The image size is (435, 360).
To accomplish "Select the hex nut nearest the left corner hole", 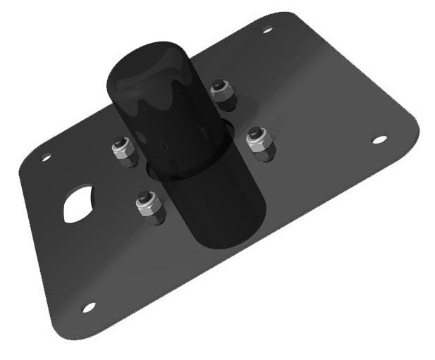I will [123, 151].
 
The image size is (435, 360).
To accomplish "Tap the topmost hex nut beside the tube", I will [222, 94].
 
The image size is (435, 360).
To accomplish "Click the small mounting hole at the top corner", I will [267, 30].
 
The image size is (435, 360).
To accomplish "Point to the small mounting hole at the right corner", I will [379, 139].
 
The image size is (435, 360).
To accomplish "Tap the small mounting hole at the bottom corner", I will [89, 307].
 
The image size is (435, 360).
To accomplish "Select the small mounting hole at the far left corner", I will [46, 158].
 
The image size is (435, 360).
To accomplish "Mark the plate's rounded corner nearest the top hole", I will [282, 18].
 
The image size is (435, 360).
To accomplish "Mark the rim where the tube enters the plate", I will [159, 173].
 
